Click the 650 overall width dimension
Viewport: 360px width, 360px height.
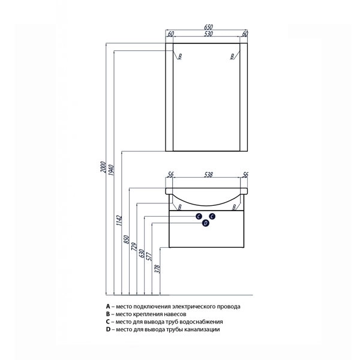click(208, 27)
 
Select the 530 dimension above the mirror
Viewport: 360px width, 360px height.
click(208, 34)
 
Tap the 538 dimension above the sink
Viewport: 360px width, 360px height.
click(208, 175)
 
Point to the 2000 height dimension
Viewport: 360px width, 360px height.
click(103, 167)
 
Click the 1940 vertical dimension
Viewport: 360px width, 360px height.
click(111, 170)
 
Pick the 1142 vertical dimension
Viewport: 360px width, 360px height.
click(119, 220)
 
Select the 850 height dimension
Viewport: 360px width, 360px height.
click(127, 239)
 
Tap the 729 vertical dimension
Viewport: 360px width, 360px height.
click(134, 247)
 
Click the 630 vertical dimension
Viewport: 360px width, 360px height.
click(142, 253)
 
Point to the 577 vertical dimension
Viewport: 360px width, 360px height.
click(149, 256)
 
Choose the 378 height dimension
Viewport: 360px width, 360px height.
click(157, 269)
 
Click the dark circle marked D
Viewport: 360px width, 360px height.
click(206, 223)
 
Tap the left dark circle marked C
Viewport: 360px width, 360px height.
click(199, 216)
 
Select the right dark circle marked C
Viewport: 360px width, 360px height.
click(212, 216)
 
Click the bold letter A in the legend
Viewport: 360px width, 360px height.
click(108, 307)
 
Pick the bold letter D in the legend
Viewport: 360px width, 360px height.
click(108, 329)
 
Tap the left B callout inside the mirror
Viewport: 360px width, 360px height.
click(180, 56)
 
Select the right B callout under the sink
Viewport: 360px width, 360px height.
click(234, 208)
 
